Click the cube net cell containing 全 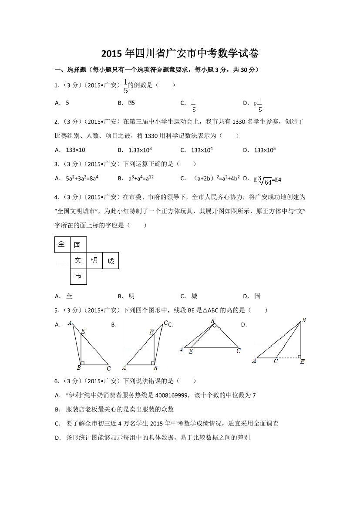(x=62, y=244)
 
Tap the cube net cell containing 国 (x=78, y=245)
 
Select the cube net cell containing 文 (x=78, y=260)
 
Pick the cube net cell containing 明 (x=94, y=260)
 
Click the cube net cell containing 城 (x=111, y=261)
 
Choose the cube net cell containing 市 (x=78, y=276)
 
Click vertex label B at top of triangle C (x=213, y=321)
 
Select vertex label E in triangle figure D (x=302, y=361)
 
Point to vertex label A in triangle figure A (x=70, y=323)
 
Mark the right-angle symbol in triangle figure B (x=154, y=362)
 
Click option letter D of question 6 (x=57, y=438)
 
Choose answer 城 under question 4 (x=194, y=296)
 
